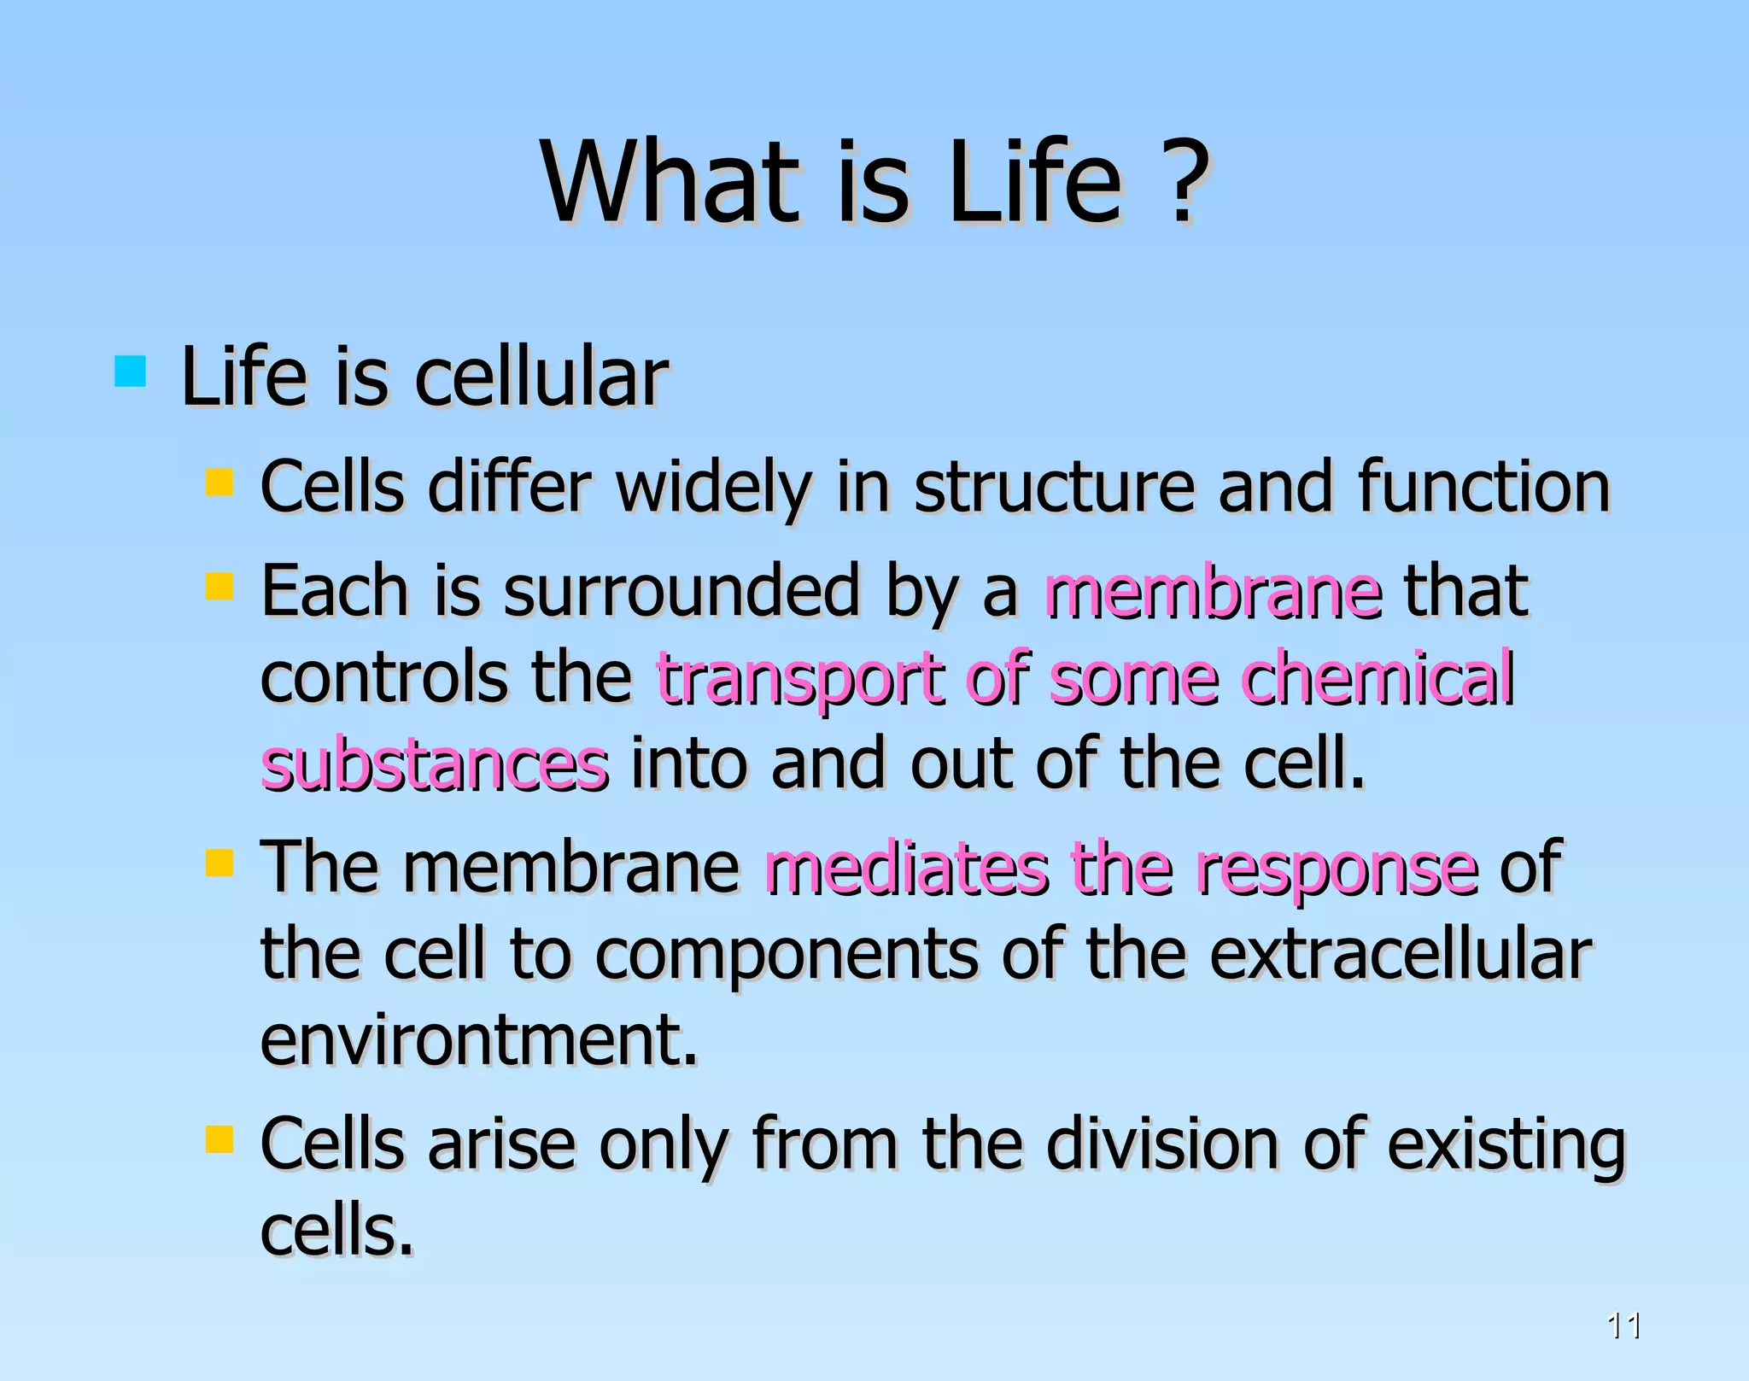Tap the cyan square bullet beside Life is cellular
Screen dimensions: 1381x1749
point(130,372)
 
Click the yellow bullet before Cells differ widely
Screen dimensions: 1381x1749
point(219,482)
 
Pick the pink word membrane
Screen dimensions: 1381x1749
point(1213,592)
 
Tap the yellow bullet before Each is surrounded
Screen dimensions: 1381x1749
point(219,586)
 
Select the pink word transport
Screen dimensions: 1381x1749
point(801,680)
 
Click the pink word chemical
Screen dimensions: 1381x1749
point(1377,678)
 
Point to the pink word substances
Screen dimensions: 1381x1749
point(435,765)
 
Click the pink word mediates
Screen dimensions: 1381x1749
point(905,869)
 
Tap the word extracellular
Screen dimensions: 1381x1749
point(1401,955)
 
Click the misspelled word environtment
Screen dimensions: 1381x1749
point(478,1041)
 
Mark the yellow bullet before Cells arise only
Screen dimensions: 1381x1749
point(219,1139)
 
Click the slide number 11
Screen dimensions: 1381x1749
point(1623,1325)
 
